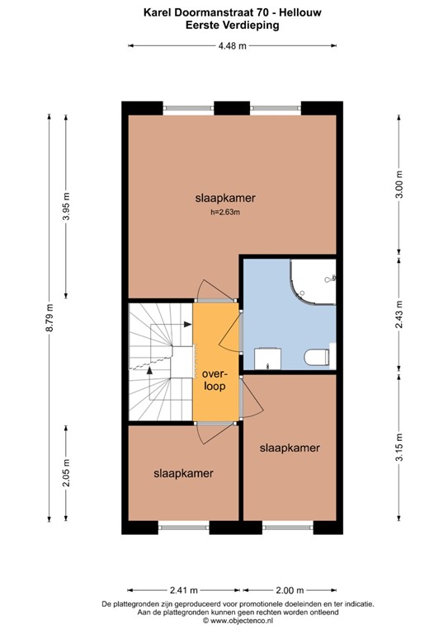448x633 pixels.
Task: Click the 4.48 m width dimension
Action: (x=232, y=46)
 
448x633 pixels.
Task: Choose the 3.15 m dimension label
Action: (x=399, y=450)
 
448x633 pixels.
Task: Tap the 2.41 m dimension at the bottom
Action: (x=184, y=589)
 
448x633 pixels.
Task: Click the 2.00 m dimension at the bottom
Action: (x=290, y=589)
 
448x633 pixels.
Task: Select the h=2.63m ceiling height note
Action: (x=224, y=212)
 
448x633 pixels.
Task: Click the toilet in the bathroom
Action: (x=317, y=356)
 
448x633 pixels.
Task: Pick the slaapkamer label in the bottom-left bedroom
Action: (x=184, y=473)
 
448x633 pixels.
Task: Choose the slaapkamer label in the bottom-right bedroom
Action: (x=290, y=448)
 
